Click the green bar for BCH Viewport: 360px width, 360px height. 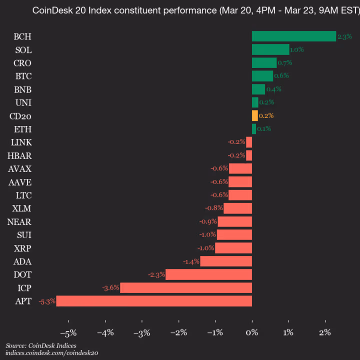[x=293, y=36]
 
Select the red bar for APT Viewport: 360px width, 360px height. [x=154, y=301]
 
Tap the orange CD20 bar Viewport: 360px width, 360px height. [x=255, y=115]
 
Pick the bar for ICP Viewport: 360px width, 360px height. [x=186, y=287]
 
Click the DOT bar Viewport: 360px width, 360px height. [x=208, y=274]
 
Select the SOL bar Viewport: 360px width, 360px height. [x=270, y=49]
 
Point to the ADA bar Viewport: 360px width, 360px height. [x=226, y=261]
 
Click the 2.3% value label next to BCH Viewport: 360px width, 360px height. [x=344, y=36]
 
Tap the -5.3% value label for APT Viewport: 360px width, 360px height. [x=47, y=301]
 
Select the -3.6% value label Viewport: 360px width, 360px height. [x=111, y=288]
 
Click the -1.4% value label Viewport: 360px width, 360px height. [x=191, y=261]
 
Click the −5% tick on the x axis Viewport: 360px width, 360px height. [x=68, y=332]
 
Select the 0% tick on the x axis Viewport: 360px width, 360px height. [x=252, y=332]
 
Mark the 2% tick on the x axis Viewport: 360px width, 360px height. [x=325, y=332]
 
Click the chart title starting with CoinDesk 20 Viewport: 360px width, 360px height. [x=195, y=10]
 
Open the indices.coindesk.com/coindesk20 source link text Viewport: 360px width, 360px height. [x=51, y=352]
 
